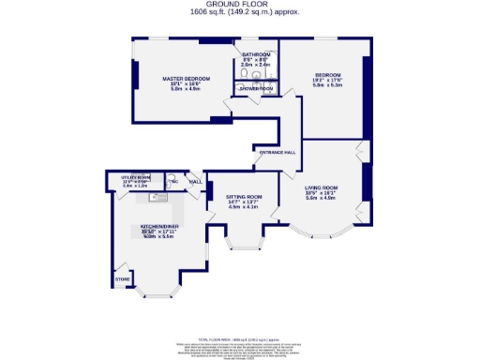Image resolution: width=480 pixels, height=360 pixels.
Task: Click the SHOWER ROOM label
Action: tap(257, 88)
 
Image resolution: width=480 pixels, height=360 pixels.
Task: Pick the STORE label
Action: tap(121, 278)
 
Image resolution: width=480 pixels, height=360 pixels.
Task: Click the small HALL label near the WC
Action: tap(196, 182)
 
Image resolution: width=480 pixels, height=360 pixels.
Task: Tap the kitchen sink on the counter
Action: tap(156, 197)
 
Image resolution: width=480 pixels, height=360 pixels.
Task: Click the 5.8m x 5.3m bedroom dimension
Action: tap(328, 85)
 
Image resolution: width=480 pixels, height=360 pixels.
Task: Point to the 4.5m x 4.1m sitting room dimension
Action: tap(242, 208)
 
